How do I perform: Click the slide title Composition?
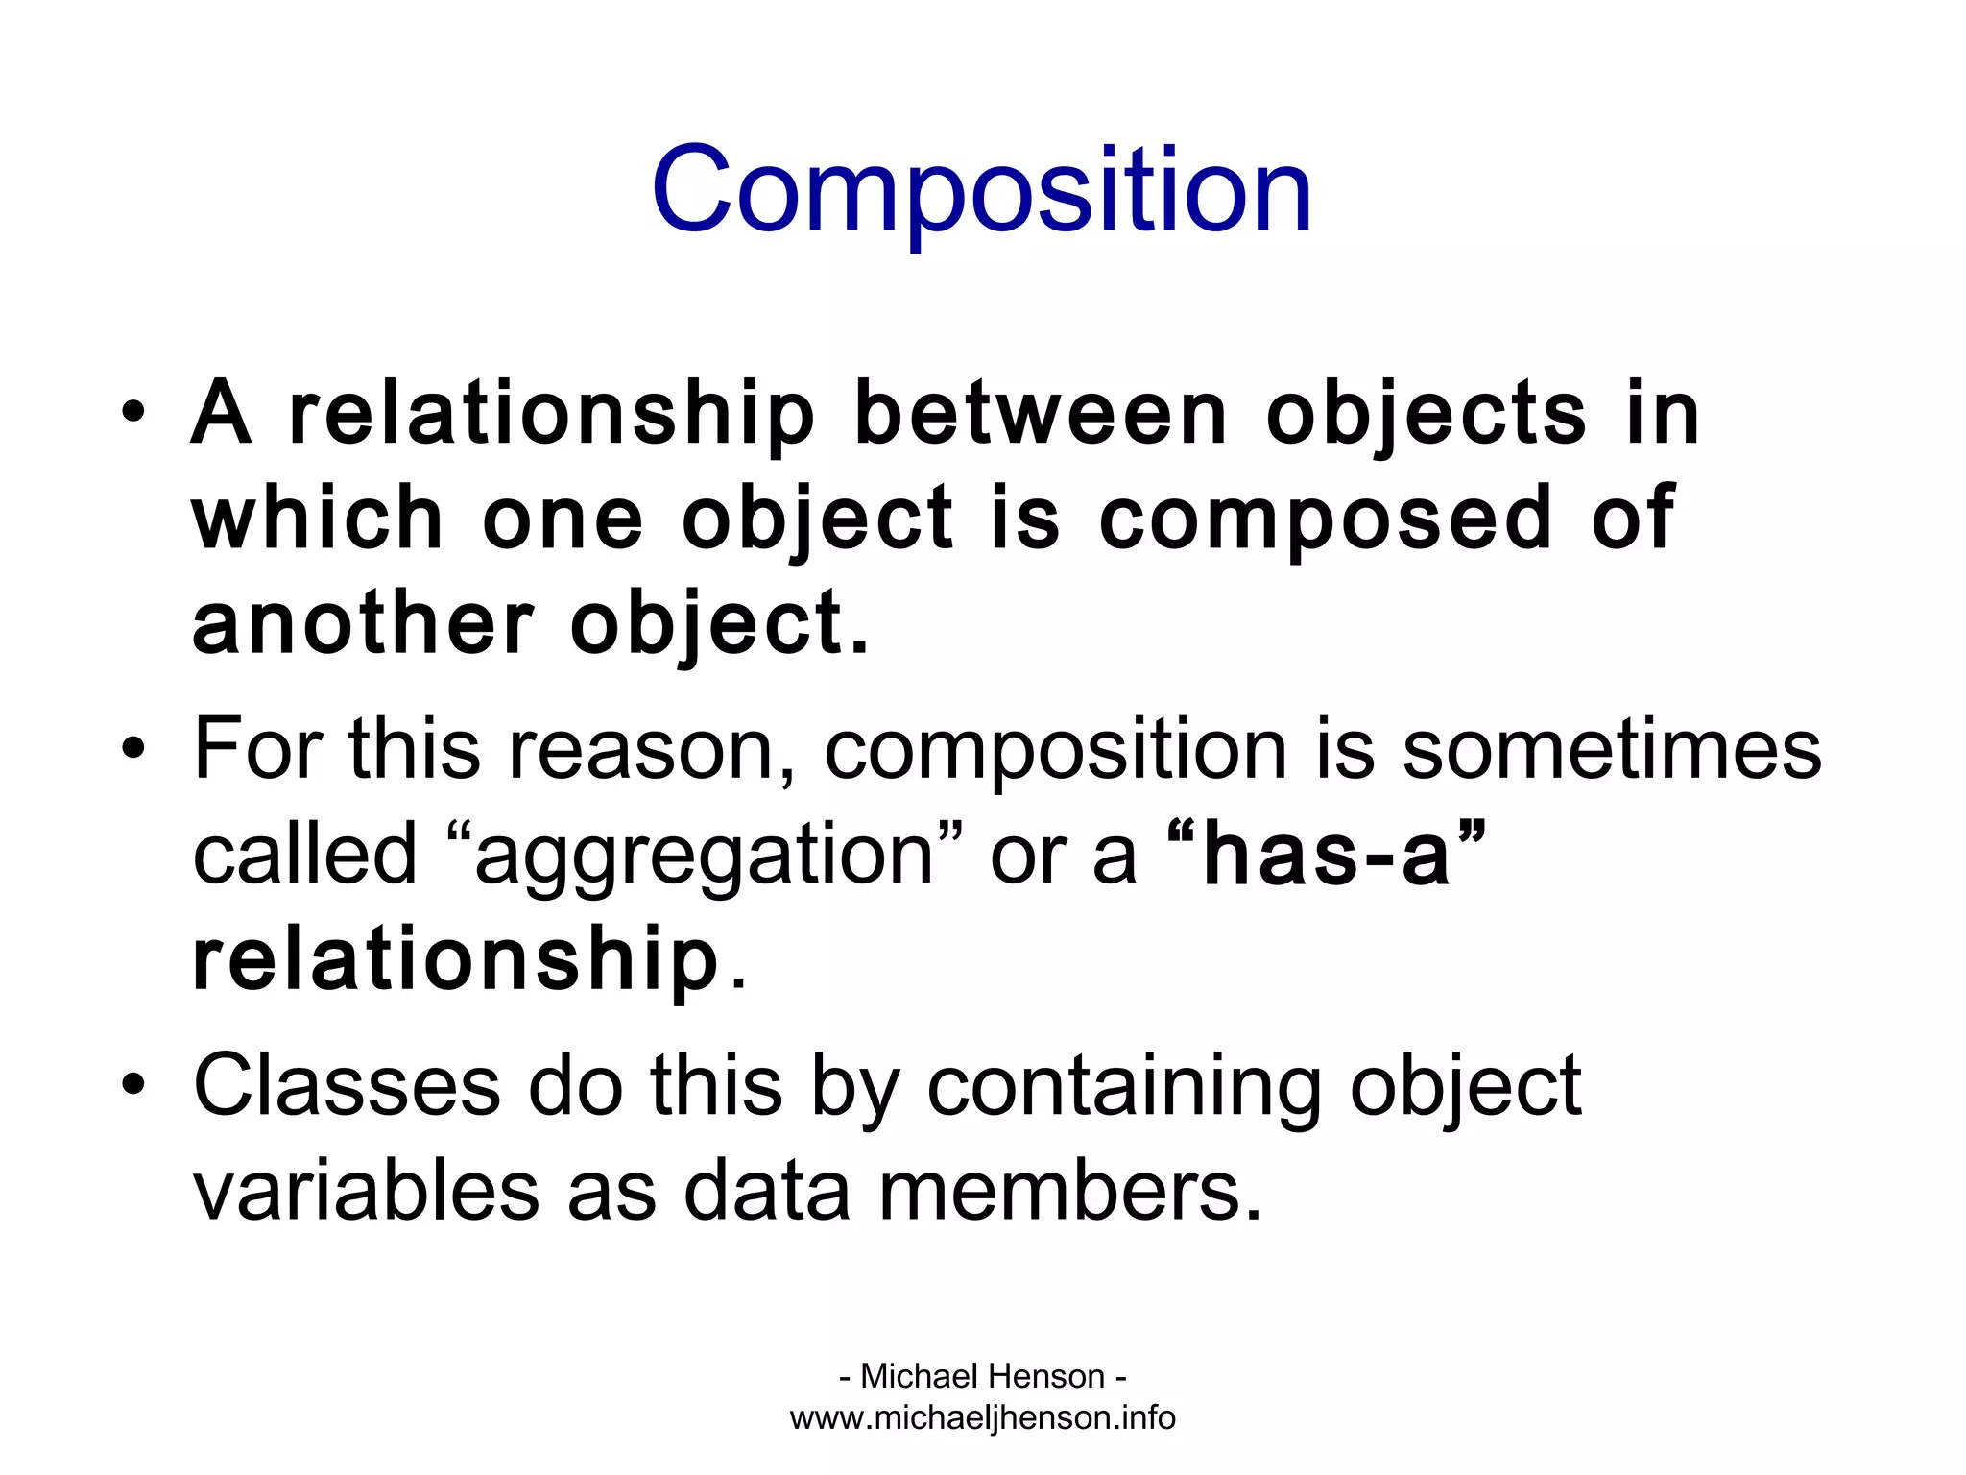981,190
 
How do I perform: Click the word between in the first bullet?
1041,415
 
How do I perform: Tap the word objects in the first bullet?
1427,415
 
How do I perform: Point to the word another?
362,624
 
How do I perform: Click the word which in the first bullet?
317,519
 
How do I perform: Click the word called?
304,855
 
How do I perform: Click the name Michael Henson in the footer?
982,1376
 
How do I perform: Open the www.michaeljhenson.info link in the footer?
982,1418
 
